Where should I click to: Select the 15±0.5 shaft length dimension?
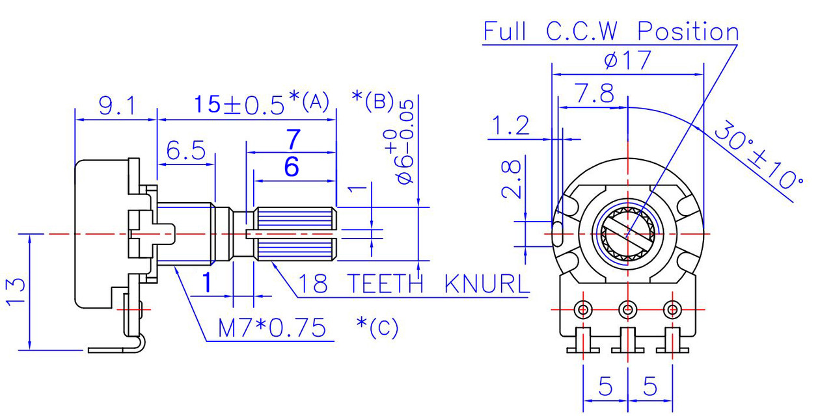pyautogui.click(x=239, y=104)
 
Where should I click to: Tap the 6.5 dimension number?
pyautogui.click(x=186, y=151)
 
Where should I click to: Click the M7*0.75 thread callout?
pyautogui.click(x=271, y=328)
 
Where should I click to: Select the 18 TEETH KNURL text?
pyautogui.click(x=413, y=284)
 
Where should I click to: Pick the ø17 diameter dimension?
pyautogui.click(x=627, y=61)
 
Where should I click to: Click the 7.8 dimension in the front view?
pyautogui.click(x=593, y=95)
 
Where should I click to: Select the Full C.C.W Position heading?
pyautogui.click(x=610, y=32)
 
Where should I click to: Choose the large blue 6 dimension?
pyautogui.click(x=292, y=168)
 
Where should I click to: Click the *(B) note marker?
pyautogui.click(x=372, y=100)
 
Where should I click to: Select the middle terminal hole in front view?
pyautogui.click(x=627, y=308)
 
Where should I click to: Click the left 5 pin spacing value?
pyautogui.click(x=605, y=387)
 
